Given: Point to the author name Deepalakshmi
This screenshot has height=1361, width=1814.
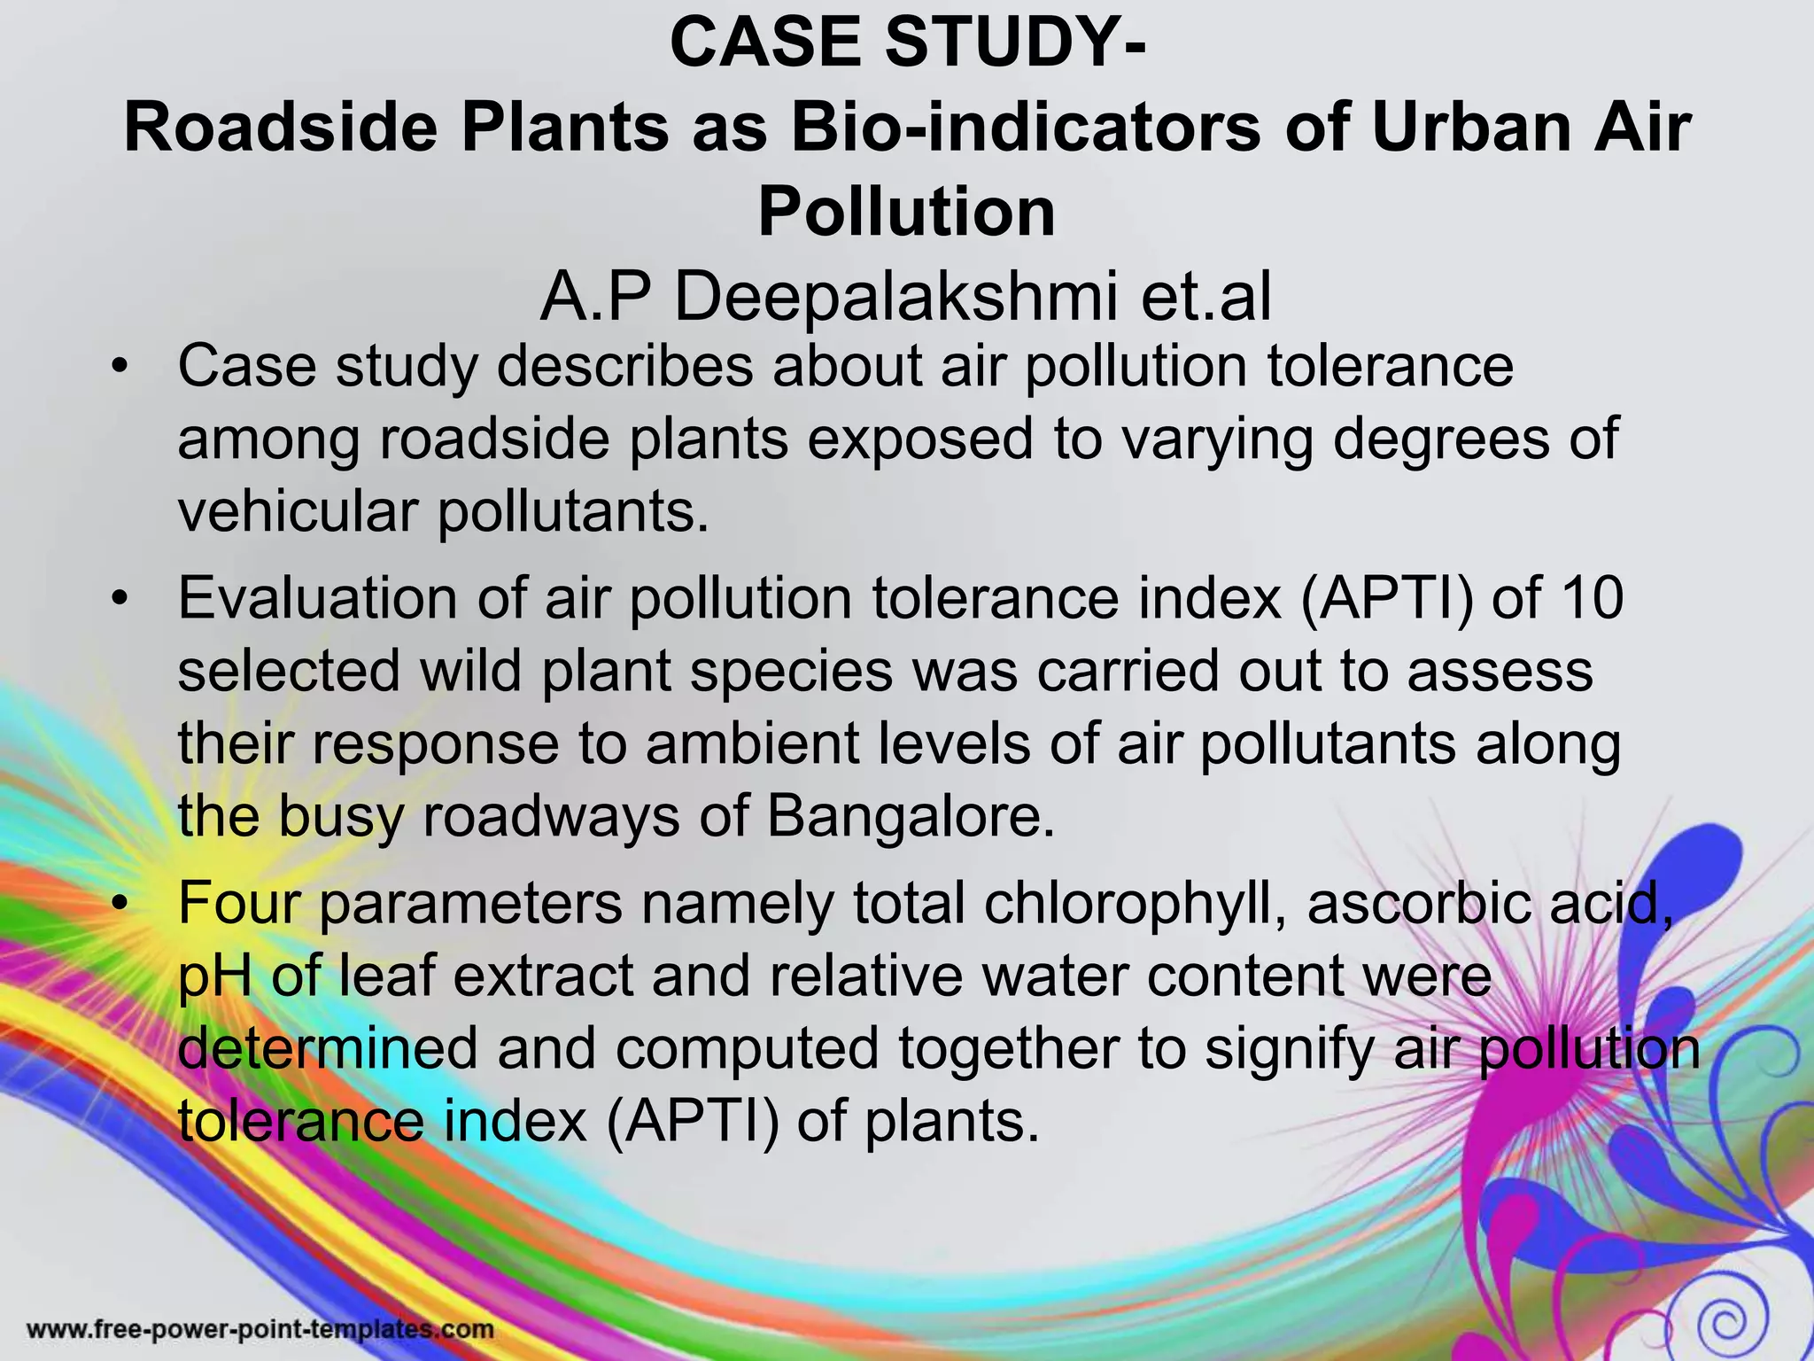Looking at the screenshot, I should coord(895,297).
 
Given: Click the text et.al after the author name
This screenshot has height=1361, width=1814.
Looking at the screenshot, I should coord(1206,297).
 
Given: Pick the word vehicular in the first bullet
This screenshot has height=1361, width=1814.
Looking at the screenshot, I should coord(298,512).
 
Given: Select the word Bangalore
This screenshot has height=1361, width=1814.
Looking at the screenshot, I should coord(911,816).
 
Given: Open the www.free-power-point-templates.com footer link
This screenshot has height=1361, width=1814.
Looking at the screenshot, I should coord(260,1329).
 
